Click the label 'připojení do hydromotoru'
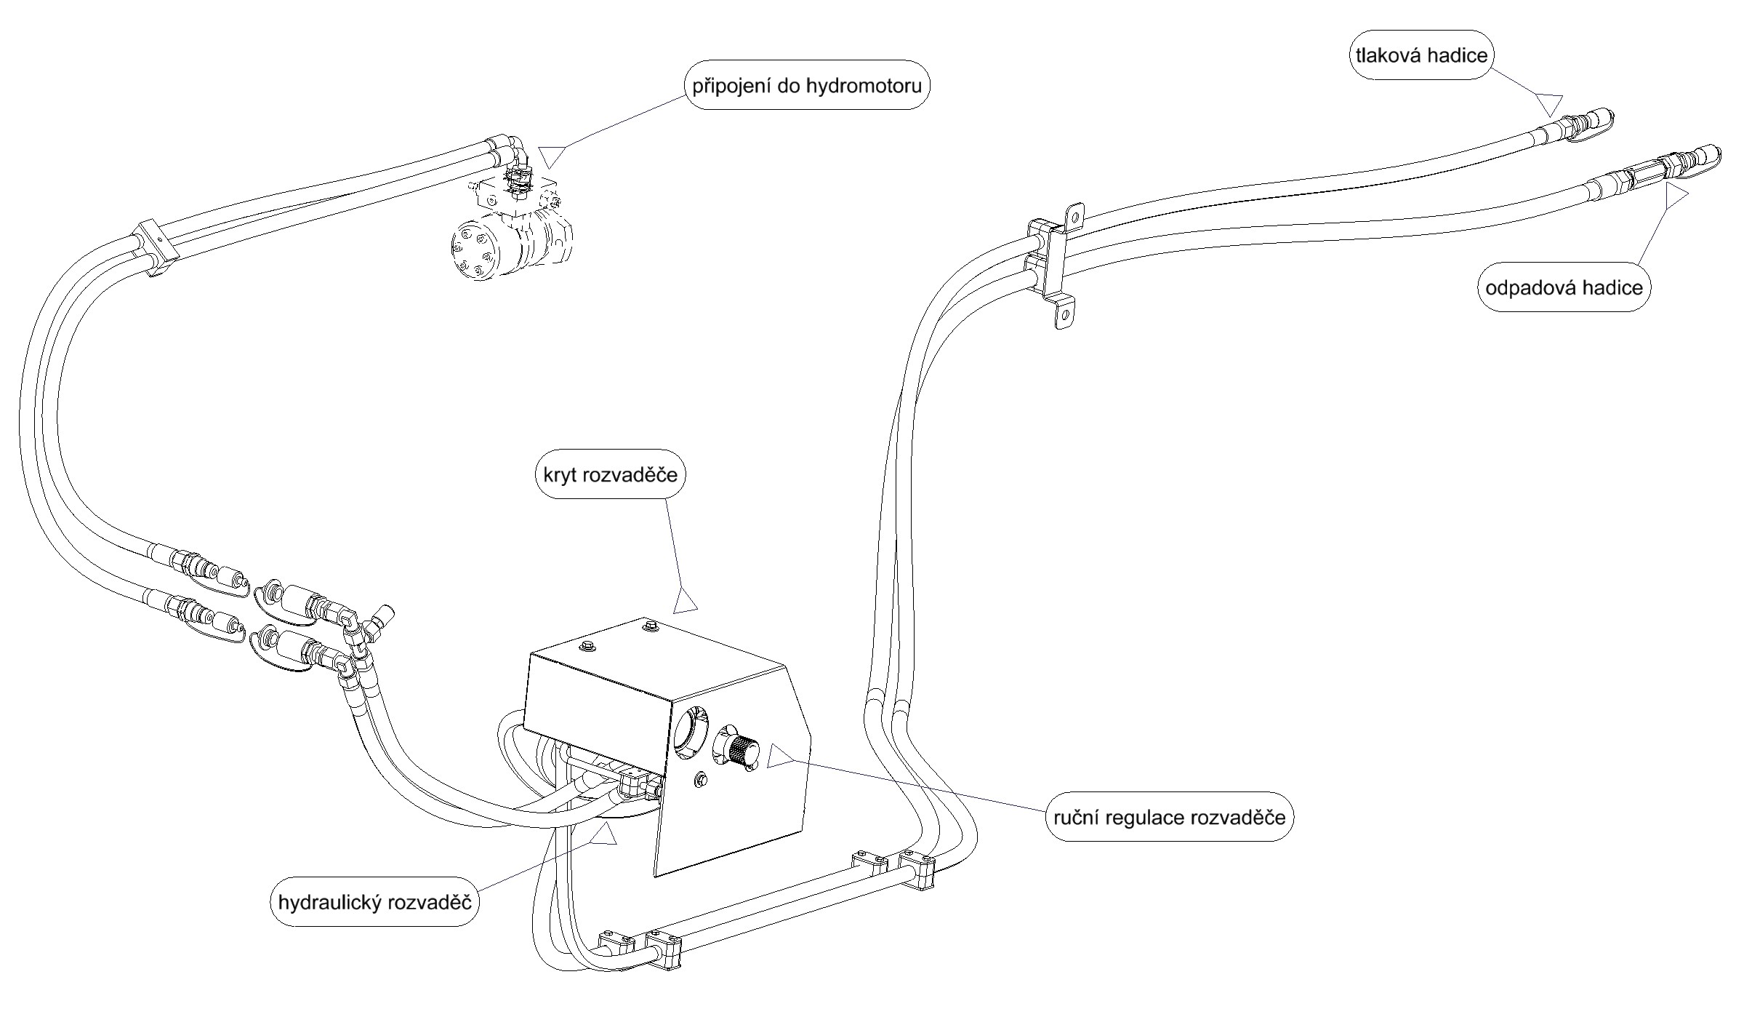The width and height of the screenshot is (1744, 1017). click(807, 86)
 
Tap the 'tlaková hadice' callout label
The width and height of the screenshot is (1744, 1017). click(1421, 55)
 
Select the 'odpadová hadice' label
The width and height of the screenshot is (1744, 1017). click(1564, 288)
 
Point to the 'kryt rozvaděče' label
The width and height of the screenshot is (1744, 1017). click(611, 475)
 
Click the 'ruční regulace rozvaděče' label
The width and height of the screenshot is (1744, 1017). click(1169, 817)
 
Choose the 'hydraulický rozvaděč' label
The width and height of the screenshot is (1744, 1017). click(375, 903)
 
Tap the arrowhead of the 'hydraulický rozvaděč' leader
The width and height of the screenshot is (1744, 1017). click(603, 837)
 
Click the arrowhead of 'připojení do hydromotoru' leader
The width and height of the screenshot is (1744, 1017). click(552, 157)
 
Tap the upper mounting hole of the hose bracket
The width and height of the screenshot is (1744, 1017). click(1074, 215)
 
